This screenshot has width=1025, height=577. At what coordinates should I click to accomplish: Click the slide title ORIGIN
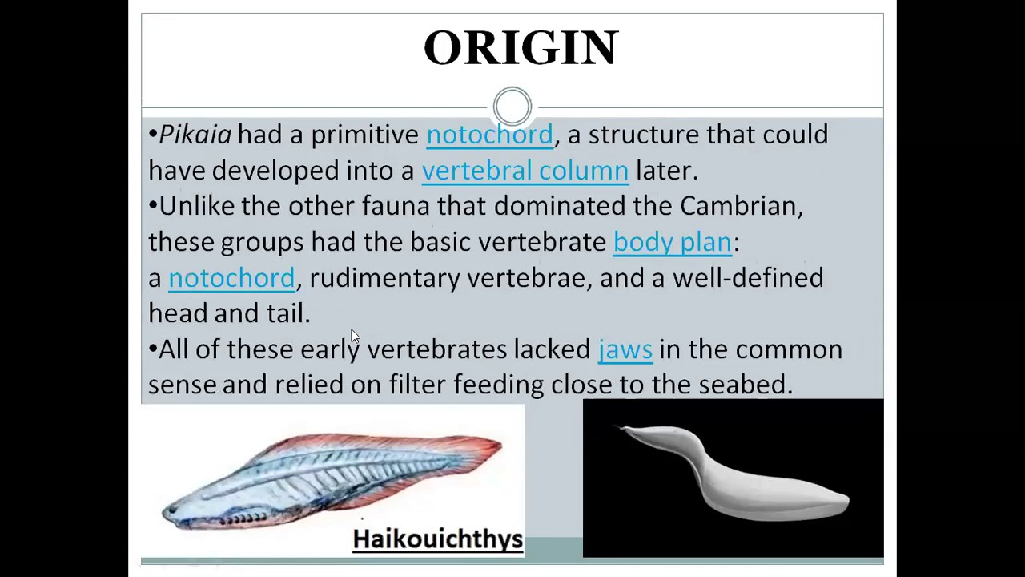click(521, 48)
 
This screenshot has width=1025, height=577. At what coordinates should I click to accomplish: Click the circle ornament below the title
click(512, 106)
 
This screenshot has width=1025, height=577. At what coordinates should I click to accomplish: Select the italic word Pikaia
click(195, 135)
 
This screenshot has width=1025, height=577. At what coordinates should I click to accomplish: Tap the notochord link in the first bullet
click(489, 135)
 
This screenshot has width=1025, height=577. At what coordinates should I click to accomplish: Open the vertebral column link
click(525, 171)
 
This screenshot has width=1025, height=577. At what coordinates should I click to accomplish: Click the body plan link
click(672, 242)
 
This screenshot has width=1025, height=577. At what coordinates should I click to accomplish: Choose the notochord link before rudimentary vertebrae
click(231, 278)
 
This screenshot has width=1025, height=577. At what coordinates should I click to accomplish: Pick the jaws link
click(625, 349)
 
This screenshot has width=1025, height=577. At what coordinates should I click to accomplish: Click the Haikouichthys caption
click(437, 539)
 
